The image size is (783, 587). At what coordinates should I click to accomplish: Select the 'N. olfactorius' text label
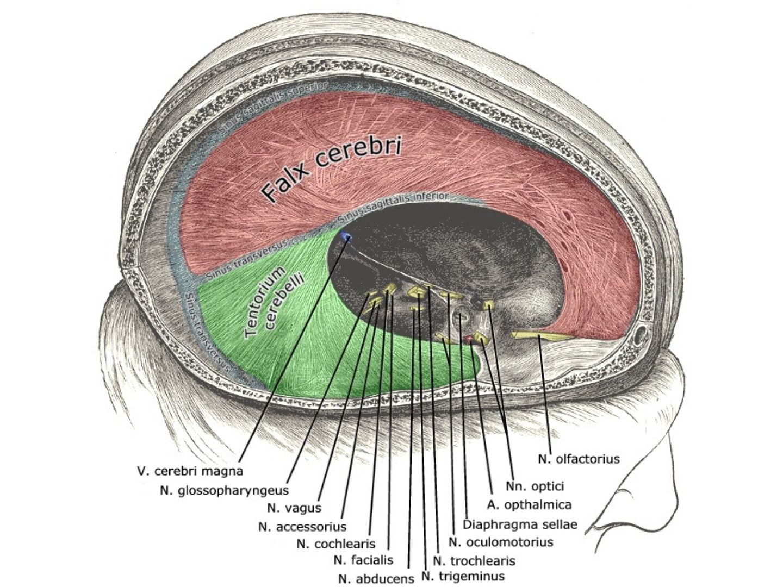coord(579,459)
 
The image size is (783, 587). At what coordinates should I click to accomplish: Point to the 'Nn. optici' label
coord(535,486)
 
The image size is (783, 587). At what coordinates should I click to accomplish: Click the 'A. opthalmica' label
coord(529,505)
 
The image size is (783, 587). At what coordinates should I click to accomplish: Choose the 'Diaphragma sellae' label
coord(519,524)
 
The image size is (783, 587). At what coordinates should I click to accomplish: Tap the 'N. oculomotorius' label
coord(500,542)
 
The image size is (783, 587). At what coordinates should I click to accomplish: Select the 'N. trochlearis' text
coord(474,560)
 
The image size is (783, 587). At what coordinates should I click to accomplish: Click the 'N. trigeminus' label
coord(463,576)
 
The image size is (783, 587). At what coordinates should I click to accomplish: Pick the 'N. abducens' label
coord(376,579)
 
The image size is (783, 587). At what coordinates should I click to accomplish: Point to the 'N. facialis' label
coord(363,559)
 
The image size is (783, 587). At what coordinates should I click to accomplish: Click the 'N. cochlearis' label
coord(336,544)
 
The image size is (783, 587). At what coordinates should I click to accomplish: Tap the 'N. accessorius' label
coord(303,527)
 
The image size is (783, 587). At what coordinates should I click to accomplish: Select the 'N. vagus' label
coord(294,508)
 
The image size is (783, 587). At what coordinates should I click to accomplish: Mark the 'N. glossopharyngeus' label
coord(225,491)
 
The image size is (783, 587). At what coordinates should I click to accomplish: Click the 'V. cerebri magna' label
coord(189,471)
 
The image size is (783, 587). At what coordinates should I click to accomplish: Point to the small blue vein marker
coord(346,236)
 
